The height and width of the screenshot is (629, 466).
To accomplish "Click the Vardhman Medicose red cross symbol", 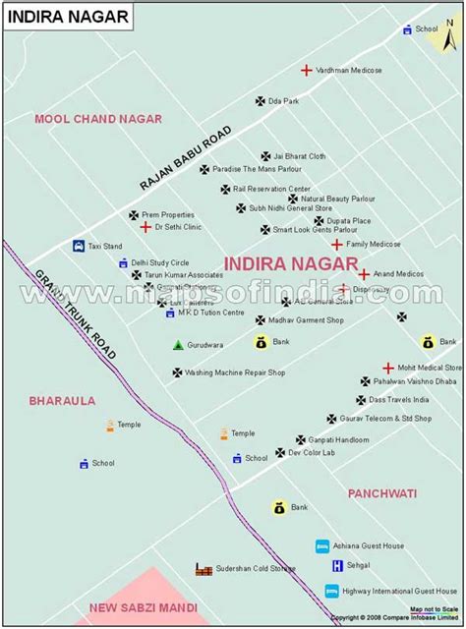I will (307, 70).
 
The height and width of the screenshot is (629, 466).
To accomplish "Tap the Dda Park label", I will (284, 100).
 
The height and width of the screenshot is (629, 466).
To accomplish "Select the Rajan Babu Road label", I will (186, 157).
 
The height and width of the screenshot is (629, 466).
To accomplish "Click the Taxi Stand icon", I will (78, 246).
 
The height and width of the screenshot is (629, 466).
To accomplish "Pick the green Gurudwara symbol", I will (178, 345).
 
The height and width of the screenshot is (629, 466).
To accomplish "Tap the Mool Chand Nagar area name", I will (98, 119).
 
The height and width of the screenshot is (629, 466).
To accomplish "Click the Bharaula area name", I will (62, 401).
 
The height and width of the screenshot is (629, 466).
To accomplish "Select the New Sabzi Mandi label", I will (143, 607).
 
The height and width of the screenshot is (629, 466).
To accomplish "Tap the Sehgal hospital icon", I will (337, 565).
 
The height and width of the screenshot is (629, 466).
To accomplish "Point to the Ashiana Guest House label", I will (369, 546).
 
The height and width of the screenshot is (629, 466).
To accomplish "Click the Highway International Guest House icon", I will (332, 591).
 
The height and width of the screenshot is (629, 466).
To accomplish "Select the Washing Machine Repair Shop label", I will (235, 372).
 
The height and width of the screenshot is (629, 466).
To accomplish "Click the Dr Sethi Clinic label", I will (178, 227).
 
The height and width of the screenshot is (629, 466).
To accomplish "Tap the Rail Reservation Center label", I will (271, 189).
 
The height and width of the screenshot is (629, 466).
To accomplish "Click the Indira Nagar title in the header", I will (49, 17).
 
